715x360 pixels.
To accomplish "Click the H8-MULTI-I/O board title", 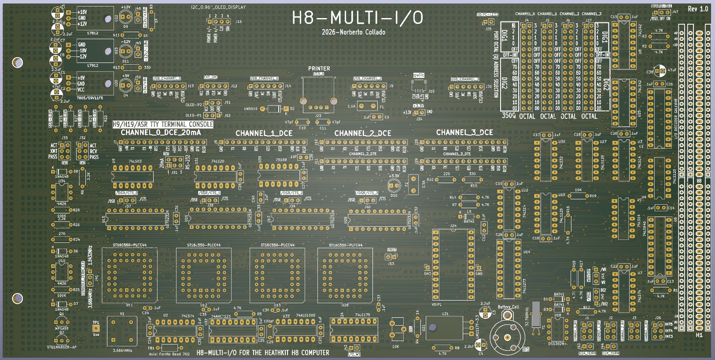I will point(357,18).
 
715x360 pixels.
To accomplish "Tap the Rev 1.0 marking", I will point(698,9).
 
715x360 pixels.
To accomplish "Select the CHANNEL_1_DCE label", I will point(264,133).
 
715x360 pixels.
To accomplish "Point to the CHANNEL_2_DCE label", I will point(362,133).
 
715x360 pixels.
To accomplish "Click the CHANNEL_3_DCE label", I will point(464,132).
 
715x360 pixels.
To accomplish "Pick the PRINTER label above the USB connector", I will point(319,69).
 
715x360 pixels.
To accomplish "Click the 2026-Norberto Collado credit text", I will point(353,32).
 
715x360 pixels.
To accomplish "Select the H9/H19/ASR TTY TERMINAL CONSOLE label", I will point(162,125).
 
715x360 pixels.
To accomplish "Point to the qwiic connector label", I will point(418,75).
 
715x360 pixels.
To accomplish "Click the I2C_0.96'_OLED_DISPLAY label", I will point(218,7).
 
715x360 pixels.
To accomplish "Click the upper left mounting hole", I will point(18,62).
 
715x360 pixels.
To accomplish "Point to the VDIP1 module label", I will point(436,305).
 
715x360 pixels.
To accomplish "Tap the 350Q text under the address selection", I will point(509,116).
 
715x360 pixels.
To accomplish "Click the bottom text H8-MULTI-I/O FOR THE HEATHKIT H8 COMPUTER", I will point(263,353).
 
